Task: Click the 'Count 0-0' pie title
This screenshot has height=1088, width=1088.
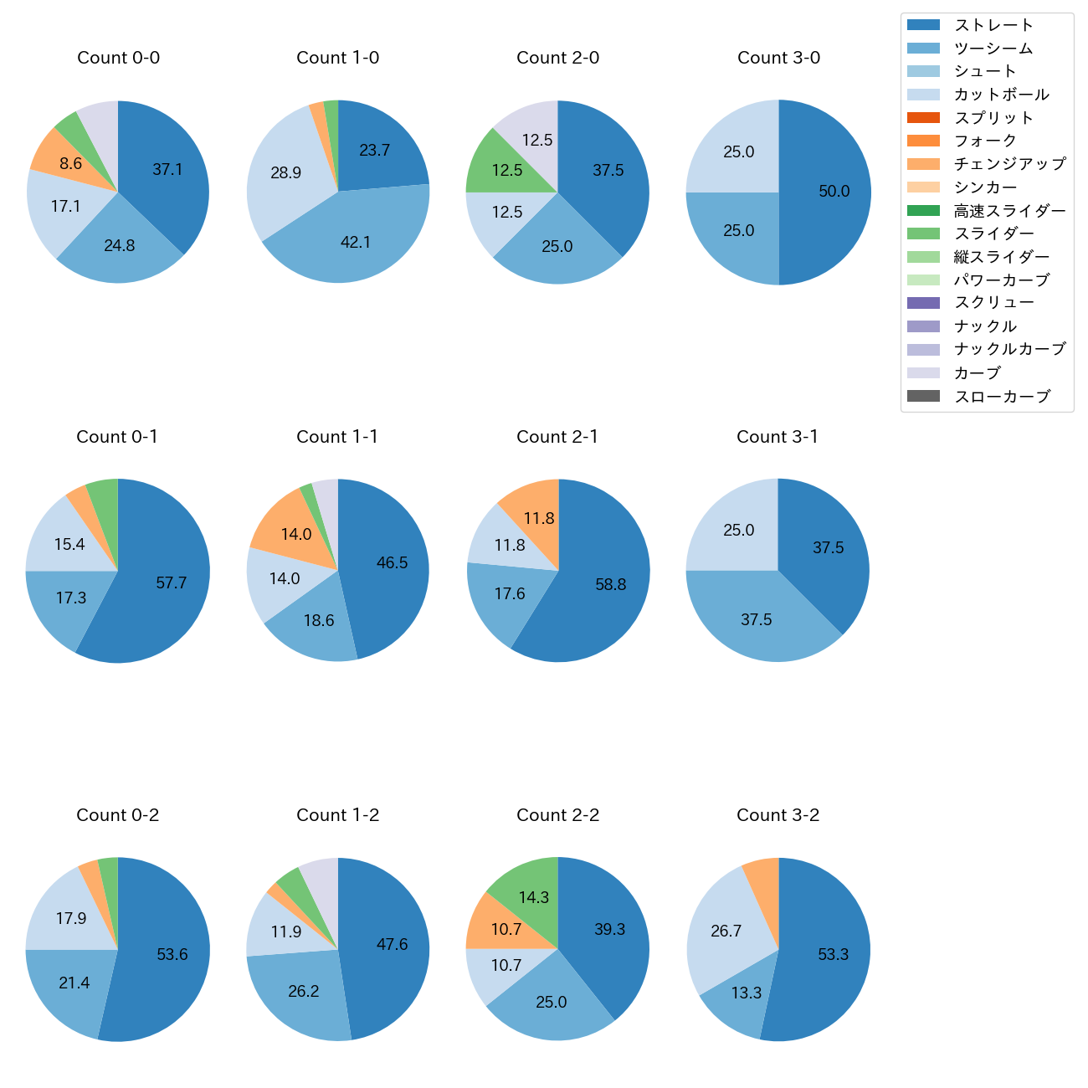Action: pyautogui.click(x=118, y=58)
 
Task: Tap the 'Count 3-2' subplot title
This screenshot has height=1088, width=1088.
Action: pyautogui.click(x=778, y=815)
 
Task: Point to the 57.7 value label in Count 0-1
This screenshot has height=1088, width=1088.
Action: pyautogui.click(x=172, y=582)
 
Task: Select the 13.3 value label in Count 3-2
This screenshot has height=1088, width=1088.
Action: pyautogui.click(x=746, y=993)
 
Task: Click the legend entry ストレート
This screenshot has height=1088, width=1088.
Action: pyautogui.click(x=993, y=25)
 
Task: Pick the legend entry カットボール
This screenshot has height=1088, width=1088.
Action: pyautogui.click(x=1001, y=95)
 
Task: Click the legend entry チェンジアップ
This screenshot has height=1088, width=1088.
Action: pyautogui.click(x=1009, y=164)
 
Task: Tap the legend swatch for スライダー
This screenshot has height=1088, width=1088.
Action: pyautogui.click(x=923, y=234)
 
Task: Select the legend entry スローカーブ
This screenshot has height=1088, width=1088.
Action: pyautogui.click(x=1002, y=397)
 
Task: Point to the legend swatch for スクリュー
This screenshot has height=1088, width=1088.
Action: pyautogui.click(x=923, y=303)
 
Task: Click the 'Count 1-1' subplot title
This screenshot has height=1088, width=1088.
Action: pyautogui.click(x=337, y=437)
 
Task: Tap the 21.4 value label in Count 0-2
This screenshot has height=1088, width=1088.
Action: pyautogui.click(x=74, y=983)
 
